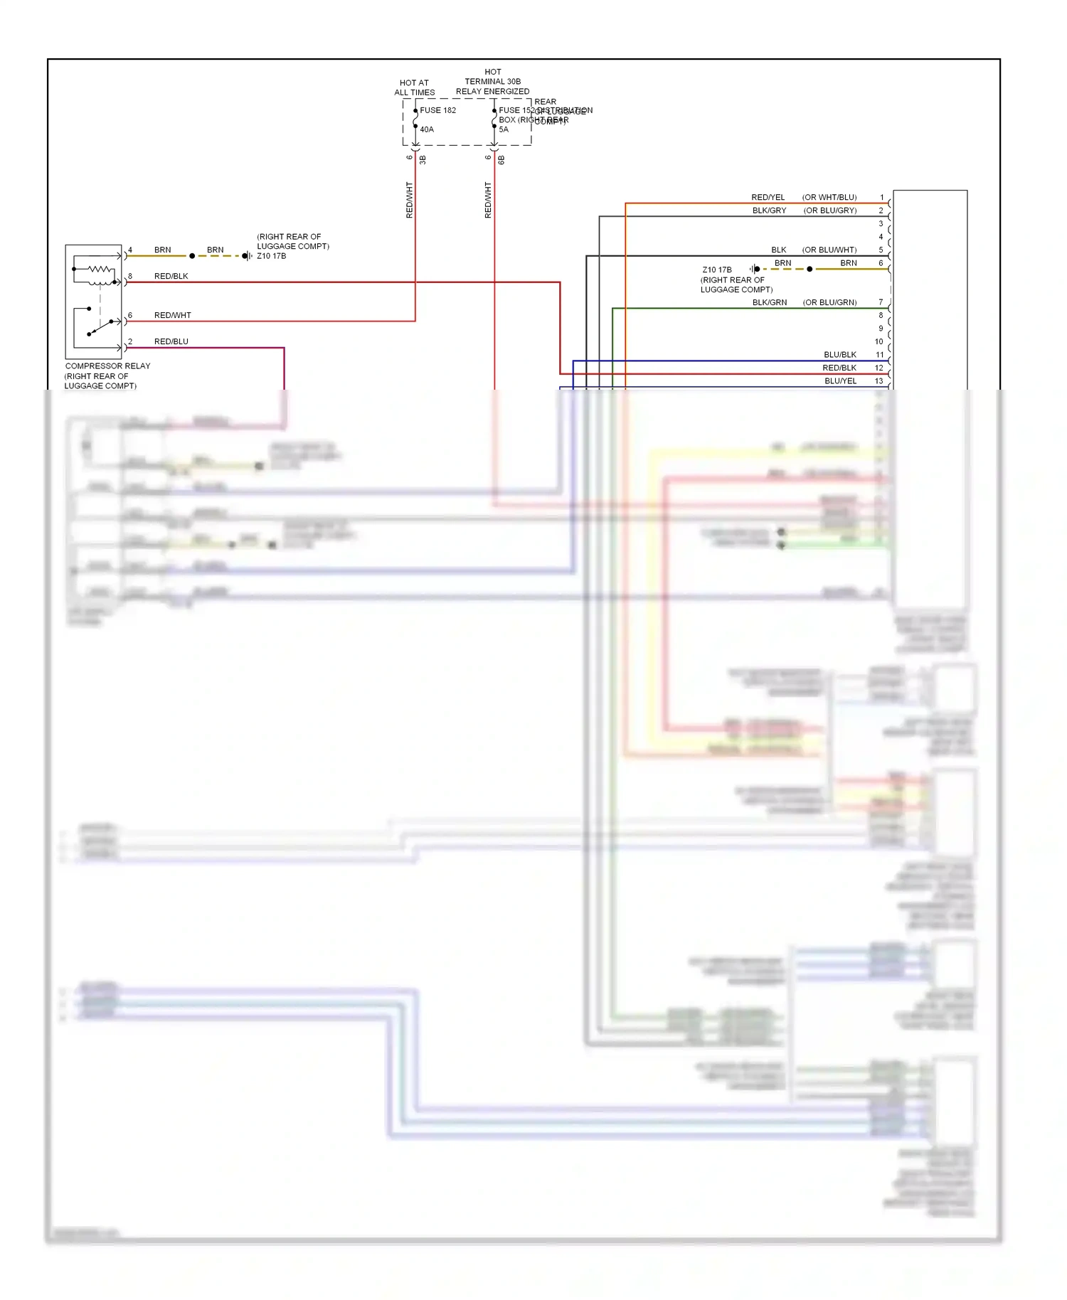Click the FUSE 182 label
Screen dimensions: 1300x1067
[x=437, y=110]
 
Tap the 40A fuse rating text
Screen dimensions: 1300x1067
[x=427, y=129]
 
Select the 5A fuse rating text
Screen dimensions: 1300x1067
[x=504, y=129]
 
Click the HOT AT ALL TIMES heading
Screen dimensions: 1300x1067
[x=415, y=87]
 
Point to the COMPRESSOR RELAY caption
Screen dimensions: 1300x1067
[x=107, y=366]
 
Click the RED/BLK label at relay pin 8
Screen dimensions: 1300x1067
[x=171, y=276]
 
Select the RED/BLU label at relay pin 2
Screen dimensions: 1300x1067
[x=171, y=341]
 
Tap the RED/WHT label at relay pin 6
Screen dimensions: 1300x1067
[x=172, y=315]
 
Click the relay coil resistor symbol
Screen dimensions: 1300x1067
[x=100, y=270]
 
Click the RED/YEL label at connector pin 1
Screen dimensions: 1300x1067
[x=768, y=197]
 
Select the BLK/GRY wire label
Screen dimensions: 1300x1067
[x=769, y=211]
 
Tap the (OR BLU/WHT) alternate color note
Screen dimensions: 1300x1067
[x=829, y=250]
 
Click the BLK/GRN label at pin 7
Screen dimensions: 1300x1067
[x=769, y=302]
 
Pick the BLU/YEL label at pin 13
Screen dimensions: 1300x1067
[x=840, y=381]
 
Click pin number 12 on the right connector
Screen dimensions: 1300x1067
[x=878, y=368]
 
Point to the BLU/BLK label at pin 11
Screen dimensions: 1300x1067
[x=839, y=355]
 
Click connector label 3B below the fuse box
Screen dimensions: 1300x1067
[x=423, y=160]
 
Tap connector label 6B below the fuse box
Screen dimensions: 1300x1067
[x=501, y=160]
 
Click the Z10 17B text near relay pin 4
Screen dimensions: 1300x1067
[x=271, y=256]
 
